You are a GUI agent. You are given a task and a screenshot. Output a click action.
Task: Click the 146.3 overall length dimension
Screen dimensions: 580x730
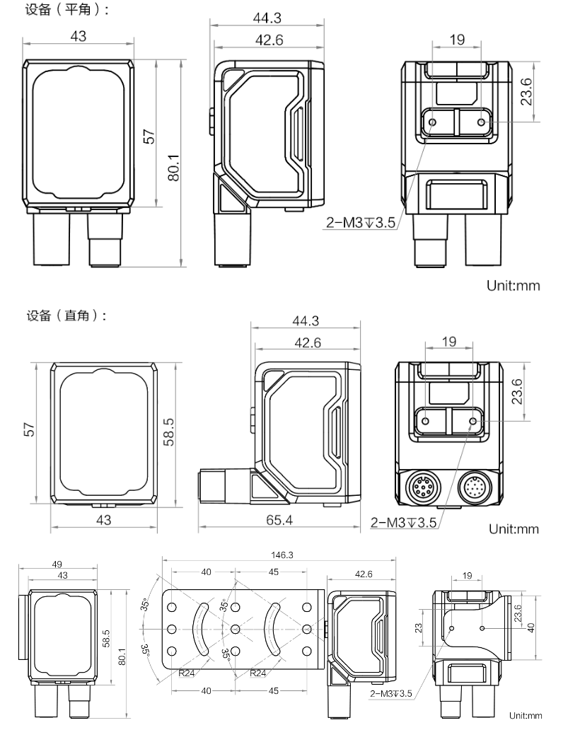[x=282, y=555]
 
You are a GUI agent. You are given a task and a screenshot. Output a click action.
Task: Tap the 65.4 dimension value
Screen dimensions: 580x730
[x=279, y=520]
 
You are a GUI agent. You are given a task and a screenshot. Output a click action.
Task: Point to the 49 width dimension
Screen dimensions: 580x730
[x=57, y=564]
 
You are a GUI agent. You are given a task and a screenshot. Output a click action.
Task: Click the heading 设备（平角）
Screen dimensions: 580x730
[x=67, y=9]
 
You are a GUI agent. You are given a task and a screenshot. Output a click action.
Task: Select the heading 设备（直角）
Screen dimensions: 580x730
[x=66, y=315]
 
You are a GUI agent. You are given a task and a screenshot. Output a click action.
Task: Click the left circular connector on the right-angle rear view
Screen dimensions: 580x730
[x=422, y=487]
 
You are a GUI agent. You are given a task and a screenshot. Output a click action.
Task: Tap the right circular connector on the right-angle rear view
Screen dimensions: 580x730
[x=475, y=488]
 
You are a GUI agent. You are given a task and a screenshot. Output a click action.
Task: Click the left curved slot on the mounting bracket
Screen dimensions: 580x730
[x=201, y=629]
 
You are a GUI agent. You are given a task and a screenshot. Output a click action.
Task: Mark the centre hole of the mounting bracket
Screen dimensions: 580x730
[x=235, y=630]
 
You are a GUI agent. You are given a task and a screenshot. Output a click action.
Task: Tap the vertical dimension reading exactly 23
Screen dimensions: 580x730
[x=419, y=628]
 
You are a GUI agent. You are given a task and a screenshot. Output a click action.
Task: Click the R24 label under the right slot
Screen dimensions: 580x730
[x=258, y=673]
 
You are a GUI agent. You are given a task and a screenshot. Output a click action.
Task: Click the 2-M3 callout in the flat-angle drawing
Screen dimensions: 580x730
[x=361, y=223]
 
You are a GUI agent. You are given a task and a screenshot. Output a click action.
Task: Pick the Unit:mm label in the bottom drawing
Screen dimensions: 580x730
[x=526, y=716]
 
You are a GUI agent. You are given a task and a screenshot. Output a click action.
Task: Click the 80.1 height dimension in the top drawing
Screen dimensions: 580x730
[x=173, y=168]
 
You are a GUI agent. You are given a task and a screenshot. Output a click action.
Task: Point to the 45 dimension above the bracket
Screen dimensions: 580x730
[x=274, y=572]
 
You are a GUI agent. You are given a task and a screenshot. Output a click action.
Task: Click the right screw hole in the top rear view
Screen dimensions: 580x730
[x=481, y=122]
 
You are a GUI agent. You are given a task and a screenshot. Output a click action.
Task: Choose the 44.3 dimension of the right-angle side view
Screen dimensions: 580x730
[x=306, y=320]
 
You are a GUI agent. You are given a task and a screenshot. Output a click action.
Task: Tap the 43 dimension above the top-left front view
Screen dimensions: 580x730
[x=79, y=36]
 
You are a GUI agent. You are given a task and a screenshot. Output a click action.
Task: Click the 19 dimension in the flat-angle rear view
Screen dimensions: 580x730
[x=457, y=40]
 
